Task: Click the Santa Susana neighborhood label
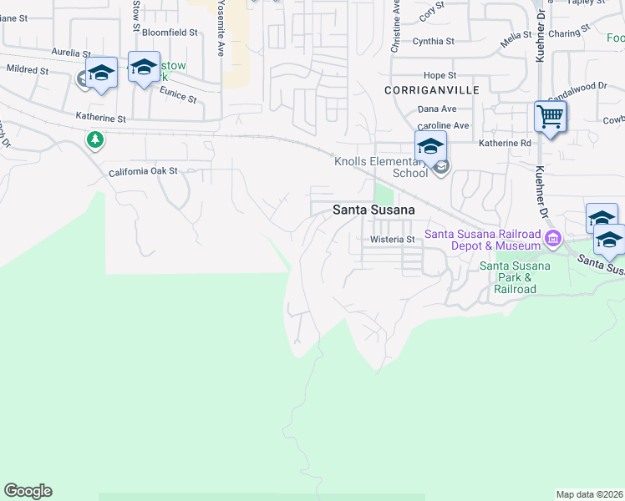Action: point(373,210)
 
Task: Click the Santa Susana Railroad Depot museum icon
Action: point(552,240)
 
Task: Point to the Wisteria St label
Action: point(393,240)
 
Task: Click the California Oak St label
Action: point(144,171)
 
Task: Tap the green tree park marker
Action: point(95,139)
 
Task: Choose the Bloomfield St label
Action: point(170,33)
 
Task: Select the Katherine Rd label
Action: point(505,144)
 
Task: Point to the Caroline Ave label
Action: point(443,125)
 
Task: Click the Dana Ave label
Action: point(437,109)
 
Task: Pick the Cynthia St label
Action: point(433,40)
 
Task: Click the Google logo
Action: point(28,491)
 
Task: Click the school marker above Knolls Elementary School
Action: point(430,146)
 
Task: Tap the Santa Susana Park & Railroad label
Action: point(515,277)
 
